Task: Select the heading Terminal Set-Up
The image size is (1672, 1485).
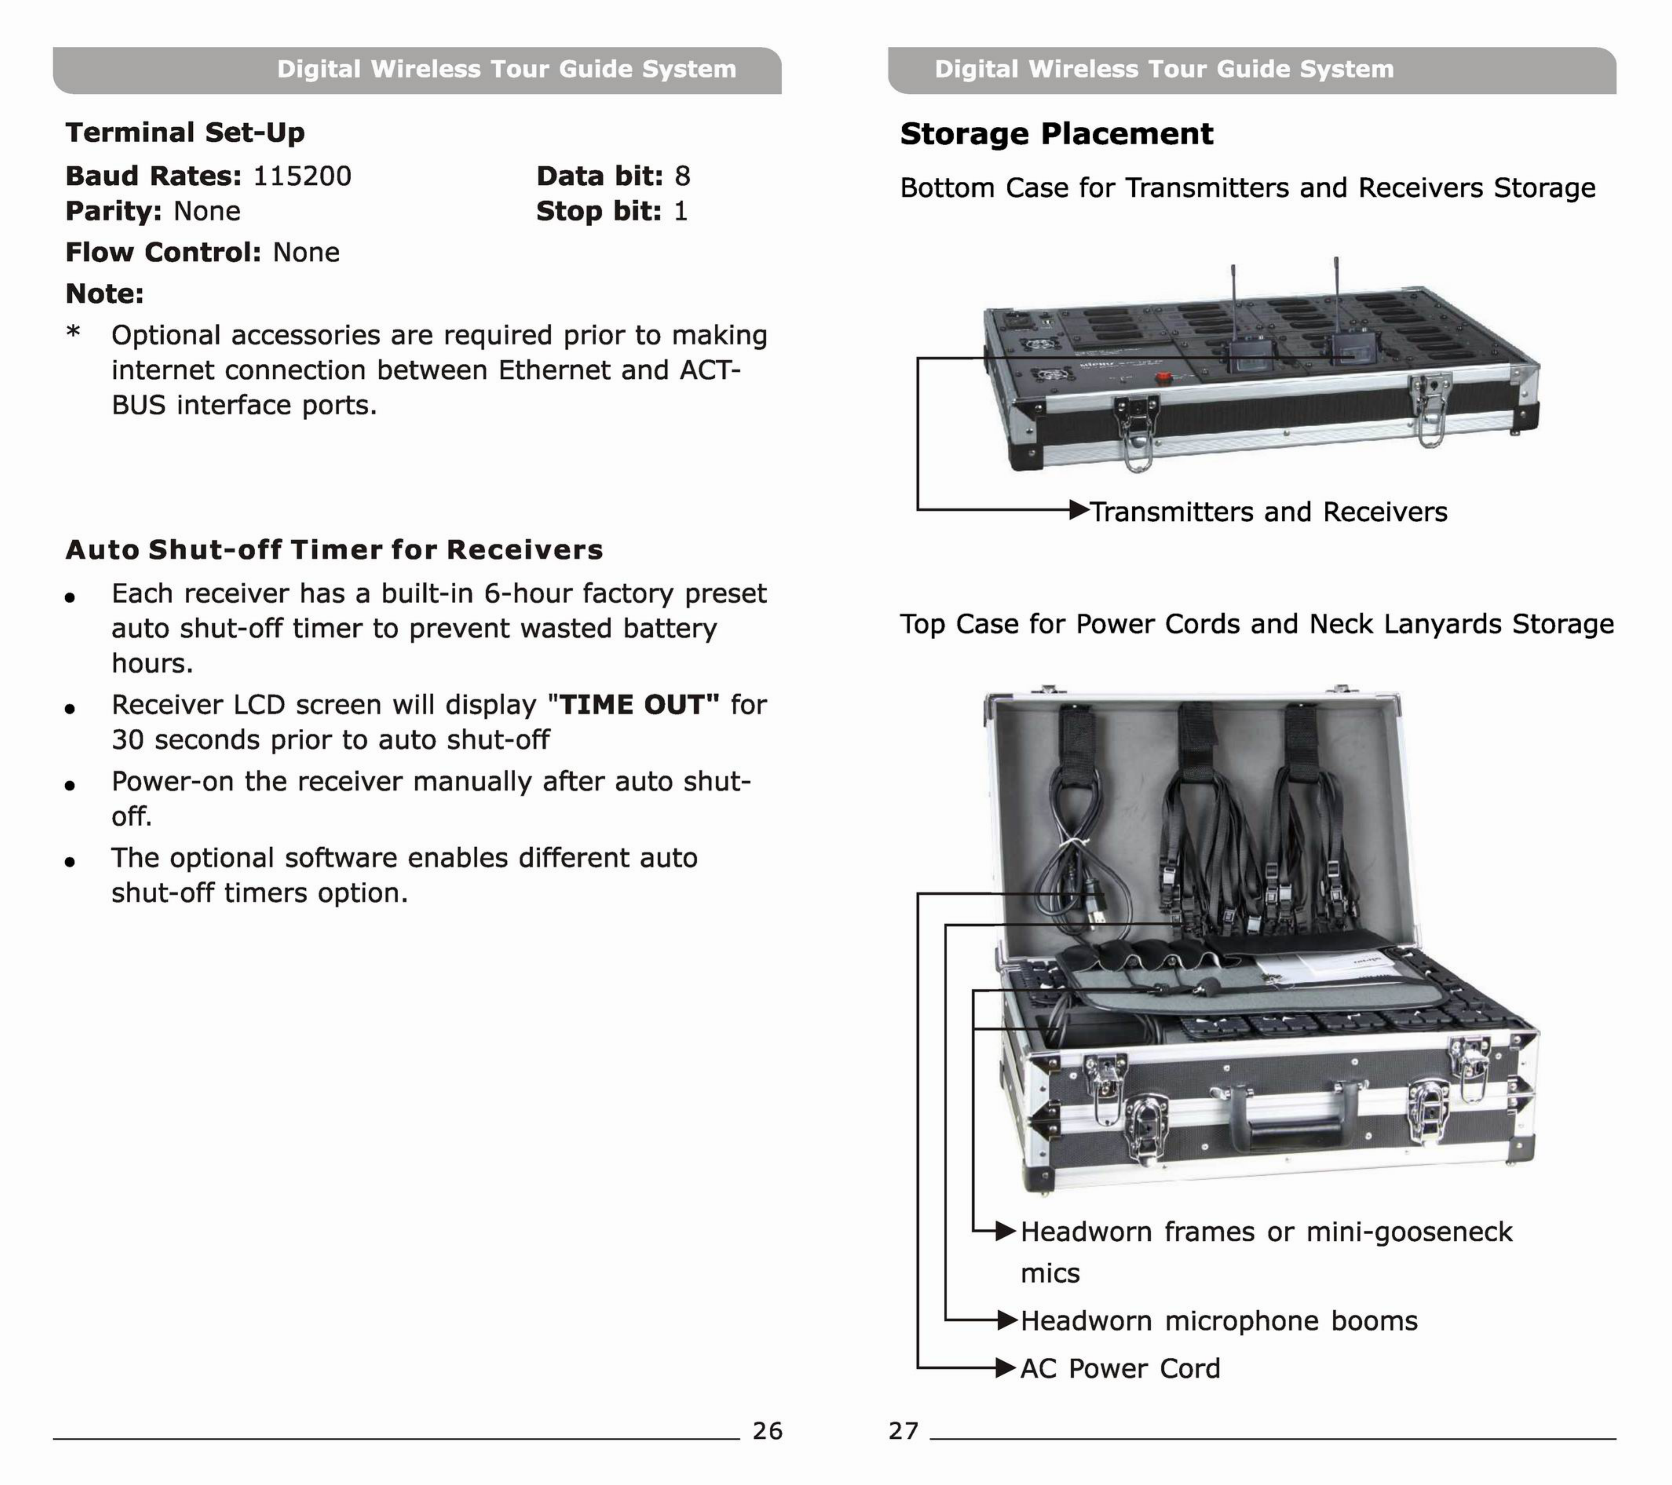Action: [185, 133]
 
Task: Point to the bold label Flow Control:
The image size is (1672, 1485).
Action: [163, 252]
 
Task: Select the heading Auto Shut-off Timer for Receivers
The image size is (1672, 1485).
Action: [334, 549]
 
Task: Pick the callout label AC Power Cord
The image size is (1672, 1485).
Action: [1120, 1368]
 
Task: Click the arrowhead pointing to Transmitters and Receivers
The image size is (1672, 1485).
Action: [1080, 511]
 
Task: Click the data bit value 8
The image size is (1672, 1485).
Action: [682, 176]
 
